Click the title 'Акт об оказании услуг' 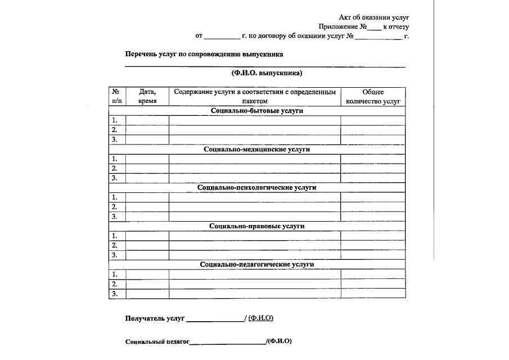pyautogui.click(x=374, y=17)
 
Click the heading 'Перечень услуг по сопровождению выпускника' pyautogui.click(x=204, y=55)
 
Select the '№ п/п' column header pyautogui.click(x=116, y=96)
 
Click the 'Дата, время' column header pyautogui.click(x=147, y=96)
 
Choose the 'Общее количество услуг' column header pyautogui.click(x=372, y=96)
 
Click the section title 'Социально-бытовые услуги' pyautogui.click(x=256, y=111)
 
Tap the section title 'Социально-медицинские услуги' pyautogui.click(x=256, y=150)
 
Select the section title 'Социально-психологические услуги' pyautogui.click(x=256, y=187)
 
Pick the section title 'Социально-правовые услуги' pyautogui.click(x=256, y=226)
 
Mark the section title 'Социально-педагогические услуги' pyautogui.click(x=256, y=264)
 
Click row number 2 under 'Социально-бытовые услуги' pyautogui.click(x=115, y=130)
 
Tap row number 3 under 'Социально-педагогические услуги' pyautogui.click(x=115, y=294)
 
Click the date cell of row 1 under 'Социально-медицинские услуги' pyautogui.click(x=147, y=159)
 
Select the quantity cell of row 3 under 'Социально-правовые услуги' pyautogui.click(x=372, y=255)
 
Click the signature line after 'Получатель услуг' pyautogui.click(x=215, y=319)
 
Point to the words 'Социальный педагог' pyautogui.click(x=157, y=341)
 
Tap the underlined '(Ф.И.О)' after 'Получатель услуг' pyautogui.click(x=260, y=318)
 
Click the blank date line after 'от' pyautogui.click(x=222, y=37)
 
